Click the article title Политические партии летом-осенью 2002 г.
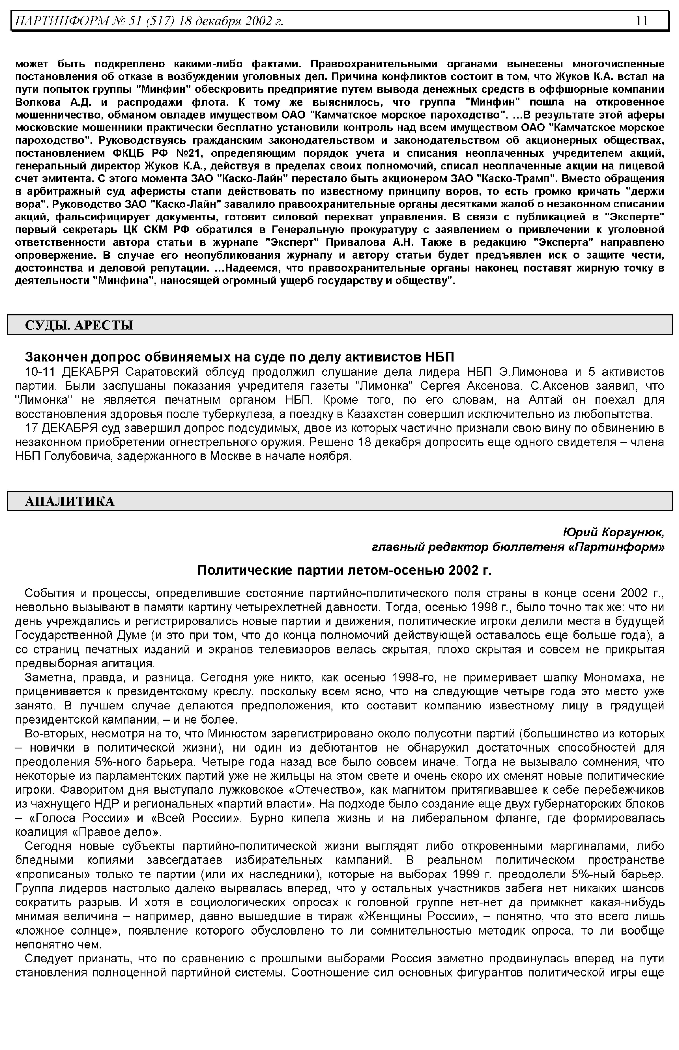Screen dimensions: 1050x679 [x=344, y=571]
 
